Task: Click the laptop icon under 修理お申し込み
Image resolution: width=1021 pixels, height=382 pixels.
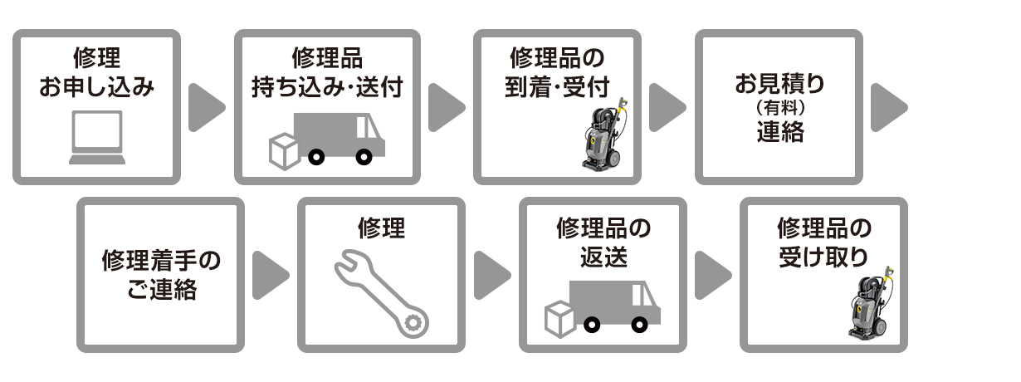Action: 97,137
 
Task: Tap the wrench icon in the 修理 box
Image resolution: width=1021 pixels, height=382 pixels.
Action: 382,294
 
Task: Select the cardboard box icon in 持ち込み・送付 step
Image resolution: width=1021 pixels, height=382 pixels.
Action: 284,151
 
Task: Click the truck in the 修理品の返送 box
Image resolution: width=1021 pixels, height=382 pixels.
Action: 614,305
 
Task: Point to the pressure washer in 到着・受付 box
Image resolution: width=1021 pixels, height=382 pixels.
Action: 603,135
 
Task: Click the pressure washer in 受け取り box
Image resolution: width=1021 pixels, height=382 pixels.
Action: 870,303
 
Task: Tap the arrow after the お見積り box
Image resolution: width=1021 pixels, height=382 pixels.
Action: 889,108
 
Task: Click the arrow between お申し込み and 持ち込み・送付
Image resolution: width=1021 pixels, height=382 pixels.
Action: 207,108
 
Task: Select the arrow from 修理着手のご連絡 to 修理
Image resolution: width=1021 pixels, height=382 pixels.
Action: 271,276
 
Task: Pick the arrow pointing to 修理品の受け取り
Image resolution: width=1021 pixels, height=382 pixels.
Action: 713,276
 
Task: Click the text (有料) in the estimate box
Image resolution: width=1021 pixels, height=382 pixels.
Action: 780,108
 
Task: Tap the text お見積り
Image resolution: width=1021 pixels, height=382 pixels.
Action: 780,83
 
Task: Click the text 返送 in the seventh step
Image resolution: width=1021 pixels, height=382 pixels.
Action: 603,257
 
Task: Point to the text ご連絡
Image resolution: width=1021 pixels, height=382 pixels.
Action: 161,289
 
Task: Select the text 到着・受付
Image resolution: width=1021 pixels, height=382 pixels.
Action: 557,87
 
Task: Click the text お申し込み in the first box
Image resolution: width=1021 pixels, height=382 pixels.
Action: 96,87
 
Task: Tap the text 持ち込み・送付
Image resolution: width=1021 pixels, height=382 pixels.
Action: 327,87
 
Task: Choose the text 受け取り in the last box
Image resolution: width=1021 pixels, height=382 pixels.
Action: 823,257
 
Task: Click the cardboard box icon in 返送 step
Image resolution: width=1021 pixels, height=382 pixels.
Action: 559,319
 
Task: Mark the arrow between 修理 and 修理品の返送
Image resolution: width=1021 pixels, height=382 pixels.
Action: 492,276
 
